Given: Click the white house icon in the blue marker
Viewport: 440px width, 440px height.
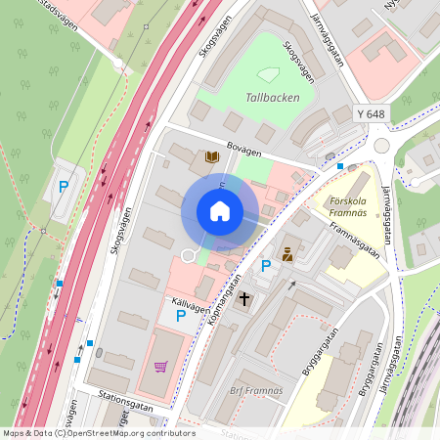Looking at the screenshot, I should point(220,211).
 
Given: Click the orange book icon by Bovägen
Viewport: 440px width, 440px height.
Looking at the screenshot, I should point(210,156).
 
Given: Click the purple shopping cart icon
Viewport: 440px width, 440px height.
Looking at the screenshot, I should point(160,367).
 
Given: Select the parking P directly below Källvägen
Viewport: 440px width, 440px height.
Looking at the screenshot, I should point(180,316).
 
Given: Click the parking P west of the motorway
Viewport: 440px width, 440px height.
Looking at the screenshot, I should point(64,187).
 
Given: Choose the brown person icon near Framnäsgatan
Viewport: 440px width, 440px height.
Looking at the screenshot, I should point(287,255).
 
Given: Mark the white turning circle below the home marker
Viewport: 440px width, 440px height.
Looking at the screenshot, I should point(188,255).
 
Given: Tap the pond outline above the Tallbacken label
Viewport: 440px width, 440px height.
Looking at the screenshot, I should point(267,74).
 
